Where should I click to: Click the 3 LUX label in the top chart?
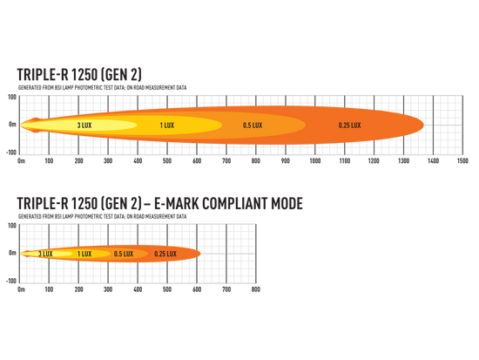[84, 126]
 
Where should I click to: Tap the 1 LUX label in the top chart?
[167, 126]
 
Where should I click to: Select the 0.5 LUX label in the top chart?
[253, 126]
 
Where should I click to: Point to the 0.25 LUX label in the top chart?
[350, 126]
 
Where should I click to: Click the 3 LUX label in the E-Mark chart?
[45, 254]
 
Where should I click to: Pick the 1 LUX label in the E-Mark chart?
[84, 254]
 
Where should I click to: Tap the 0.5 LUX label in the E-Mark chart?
[124, 254]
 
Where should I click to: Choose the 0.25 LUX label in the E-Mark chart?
[165, 254]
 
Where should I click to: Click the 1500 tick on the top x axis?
[462, 161]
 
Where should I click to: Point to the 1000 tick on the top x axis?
[315, 161]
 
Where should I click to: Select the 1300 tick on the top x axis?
[403, 161]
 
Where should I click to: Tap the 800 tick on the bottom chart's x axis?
[256, 289]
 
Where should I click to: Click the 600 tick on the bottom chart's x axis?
[197, 289]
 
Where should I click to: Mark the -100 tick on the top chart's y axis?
[11, 153]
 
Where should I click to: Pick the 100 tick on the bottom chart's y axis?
[12, 226]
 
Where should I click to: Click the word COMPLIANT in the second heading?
[235, 204]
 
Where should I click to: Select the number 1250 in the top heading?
[84, 75]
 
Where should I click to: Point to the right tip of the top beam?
[424, 126]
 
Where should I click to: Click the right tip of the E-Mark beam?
[200, 254]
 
